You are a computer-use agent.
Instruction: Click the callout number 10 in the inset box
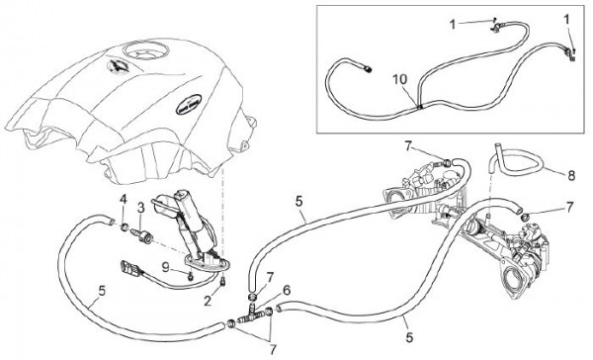pyautogui.click(x=399, y=80)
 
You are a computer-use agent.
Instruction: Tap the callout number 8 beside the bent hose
pyautogui.click(x=571, y=176)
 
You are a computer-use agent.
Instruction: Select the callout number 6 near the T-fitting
pyautogui.click(x=287, y=291)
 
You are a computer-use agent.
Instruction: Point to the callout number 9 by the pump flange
pyautogui.click(x=165, y=267)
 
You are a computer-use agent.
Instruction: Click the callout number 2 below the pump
pyautogui.click(x=208, y=302)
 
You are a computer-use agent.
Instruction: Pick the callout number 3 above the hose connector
pyautogui.click(x=141, y=208)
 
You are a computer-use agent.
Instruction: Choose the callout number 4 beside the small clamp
pyautogui.click(x=123, y=199)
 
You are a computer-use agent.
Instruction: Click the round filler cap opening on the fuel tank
pyautogui.click(x=146, y=50)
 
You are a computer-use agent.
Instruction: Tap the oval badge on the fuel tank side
pyautogui.click(x=189, y=105)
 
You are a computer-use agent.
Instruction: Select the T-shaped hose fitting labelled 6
pyautogui.click(x=253, y=313)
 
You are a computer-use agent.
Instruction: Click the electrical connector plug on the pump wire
pyautogui.click(x=127, y=268)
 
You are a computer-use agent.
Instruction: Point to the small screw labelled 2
pyautogui.click(x=222, y=282)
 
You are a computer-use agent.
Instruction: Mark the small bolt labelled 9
pyautogui.click(x=190, y=277)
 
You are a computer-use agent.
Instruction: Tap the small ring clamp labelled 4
pyautogui.click(x=124, y=227)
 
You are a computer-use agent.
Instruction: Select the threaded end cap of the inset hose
pyautogui.click(x=368, y=69)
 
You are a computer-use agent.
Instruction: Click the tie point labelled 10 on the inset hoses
pyautogui.click(x=419, y=107)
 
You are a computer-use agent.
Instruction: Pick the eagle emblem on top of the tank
pyautogui.click(x=118, y=65)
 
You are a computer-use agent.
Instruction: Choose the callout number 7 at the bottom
pyautogui.click(x=273, y=349)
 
